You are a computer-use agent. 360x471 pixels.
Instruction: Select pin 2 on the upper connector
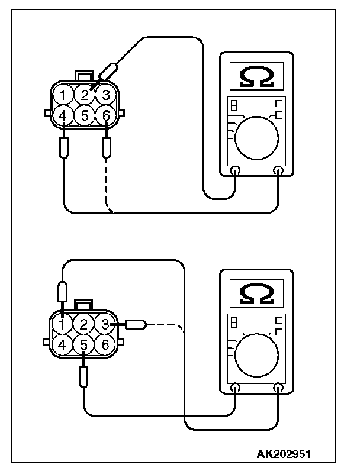85,95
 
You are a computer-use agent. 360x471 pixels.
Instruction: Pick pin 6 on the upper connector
105,115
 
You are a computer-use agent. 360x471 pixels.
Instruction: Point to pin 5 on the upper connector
85,115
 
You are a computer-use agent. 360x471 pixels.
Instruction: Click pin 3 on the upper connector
105,95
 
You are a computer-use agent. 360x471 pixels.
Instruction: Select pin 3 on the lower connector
105,324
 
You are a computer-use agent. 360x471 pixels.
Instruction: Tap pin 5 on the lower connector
85,344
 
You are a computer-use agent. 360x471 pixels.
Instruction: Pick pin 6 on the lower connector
105,344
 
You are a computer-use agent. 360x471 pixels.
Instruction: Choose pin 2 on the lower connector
85,324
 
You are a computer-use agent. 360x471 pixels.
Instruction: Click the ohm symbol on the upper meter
256,76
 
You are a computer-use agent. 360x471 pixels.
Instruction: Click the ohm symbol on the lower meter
256,292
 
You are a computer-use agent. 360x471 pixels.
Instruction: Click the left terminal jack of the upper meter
235,172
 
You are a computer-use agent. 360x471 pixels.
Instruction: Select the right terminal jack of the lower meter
278,388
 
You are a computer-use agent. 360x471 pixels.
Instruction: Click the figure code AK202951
283,454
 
